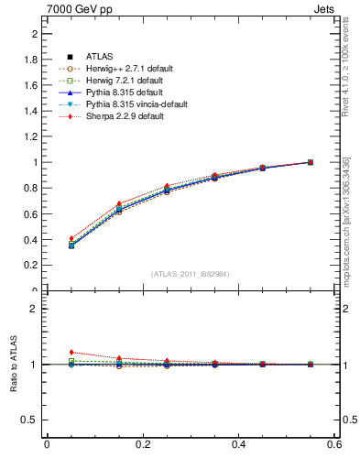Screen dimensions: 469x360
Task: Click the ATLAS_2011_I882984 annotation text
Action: click(x=191, y=274)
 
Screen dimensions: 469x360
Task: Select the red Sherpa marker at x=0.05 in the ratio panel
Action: click(x=71, y=352)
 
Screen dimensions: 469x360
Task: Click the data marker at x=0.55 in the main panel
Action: click(x=311, y=162)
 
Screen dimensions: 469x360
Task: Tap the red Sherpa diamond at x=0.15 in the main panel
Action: click(x=119, y=203)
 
